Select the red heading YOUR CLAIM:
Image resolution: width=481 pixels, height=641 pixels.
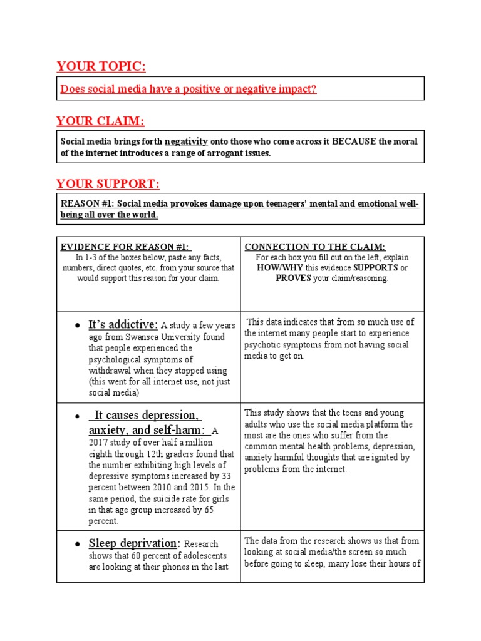[x=100, y=121]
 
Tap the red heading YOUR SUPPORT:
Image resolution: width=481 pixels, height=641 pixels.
[x=108, y=183]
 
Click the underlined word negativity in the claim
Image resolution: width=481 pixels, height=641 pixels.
[x=186, y=141]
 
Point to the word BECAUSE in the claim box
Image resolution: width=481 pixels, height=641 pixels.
[x=355, y=141]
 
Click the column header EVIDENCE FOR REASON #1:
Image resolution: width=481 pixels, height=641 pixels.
[x=125, y=247]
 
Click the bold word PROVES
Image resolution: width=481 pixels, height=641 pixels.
[x=294, y=279]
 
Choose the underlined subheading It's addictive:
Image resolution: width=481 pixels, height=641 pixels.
[x=123, y=324]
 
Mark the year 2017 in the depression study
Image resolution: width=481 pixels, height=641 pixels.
[x=100, y=443]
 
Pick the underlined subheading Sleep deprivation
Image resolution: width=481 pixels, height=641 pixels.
[x=133, y=543]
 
